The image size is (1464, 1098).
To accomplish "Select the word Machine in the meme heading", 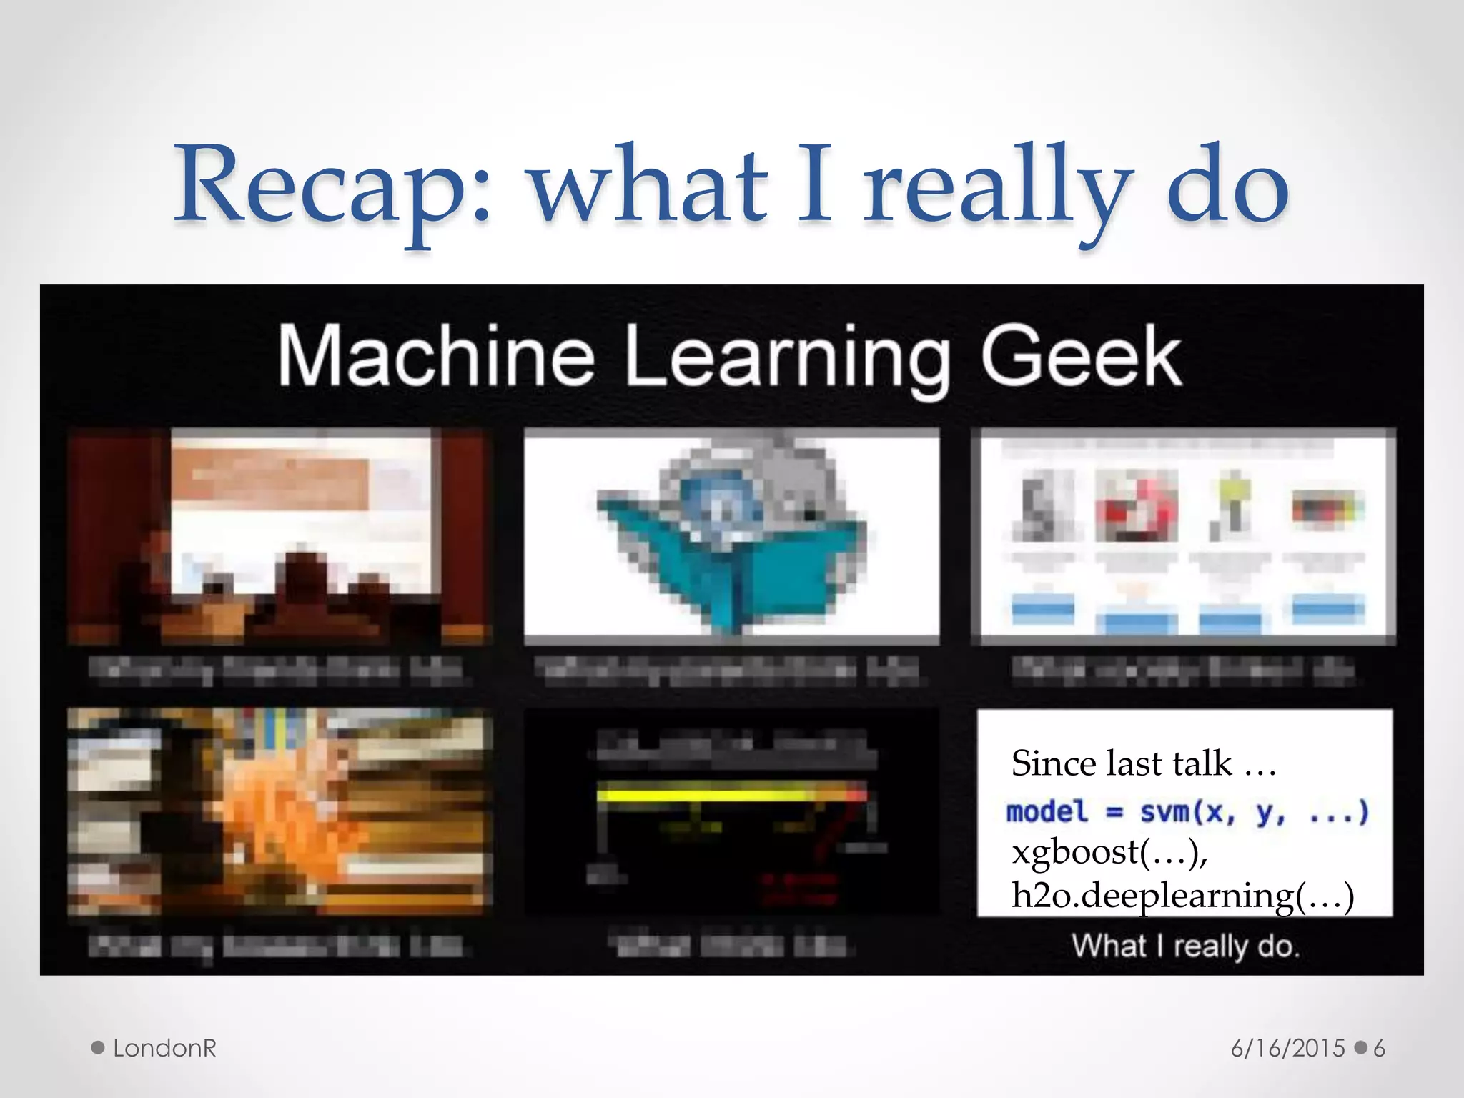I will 436,355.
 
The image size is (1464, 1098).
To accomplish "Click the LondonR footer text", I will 164,1048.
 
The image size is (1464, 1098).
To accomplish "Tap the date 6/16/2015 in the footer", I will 1287,1048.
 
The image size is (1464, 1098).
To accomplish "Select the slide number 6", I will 1379,1048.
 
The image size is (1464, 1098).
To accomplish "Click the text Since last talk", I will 1142,763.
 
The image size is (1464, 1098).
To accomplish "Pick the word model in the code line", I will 1047,812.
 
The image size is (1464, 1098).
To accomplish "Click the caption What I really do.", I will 1185,946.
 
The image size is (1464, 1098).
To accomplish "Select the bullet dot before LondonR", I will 99,1048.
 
